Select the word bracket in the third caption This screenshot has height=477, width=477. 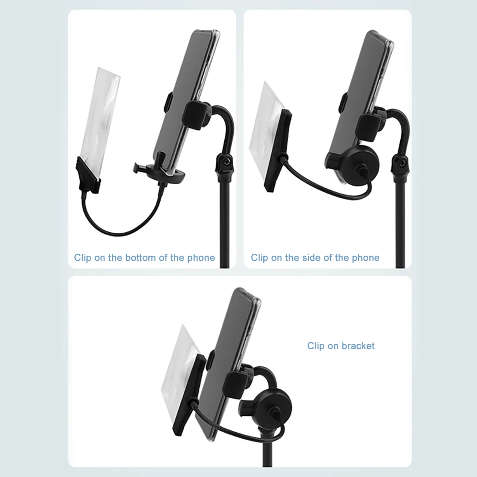358,346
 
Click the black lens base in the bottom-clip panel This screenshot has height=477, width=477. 88,176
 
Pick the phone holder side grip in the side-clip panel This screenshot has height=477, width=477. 369,127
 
